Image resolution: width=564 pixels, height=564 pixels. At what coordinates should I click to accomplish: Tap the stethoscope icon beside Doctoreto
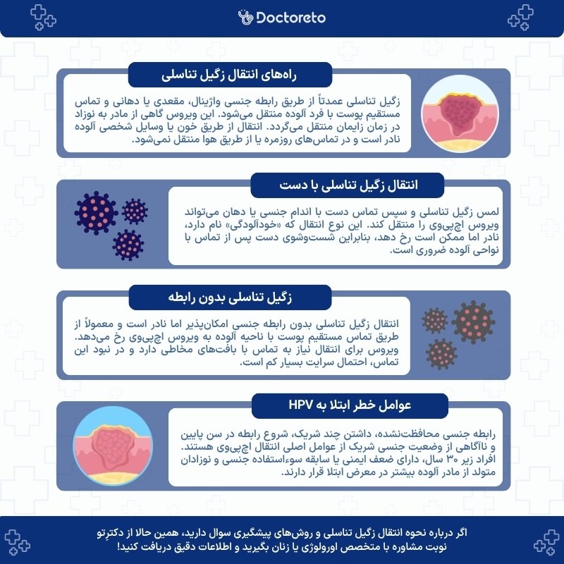pos(245,16)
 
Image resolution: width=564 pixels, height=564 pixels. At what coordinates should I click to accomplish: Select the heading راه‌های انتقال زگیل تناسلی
pos(221,73)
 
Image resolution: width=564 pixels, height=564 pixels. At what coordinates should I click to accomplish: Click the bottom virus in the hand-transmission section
pos(128,244)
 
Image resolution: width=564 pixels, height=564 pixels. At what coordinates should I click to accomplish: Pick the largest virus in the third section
pos(472,321)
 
